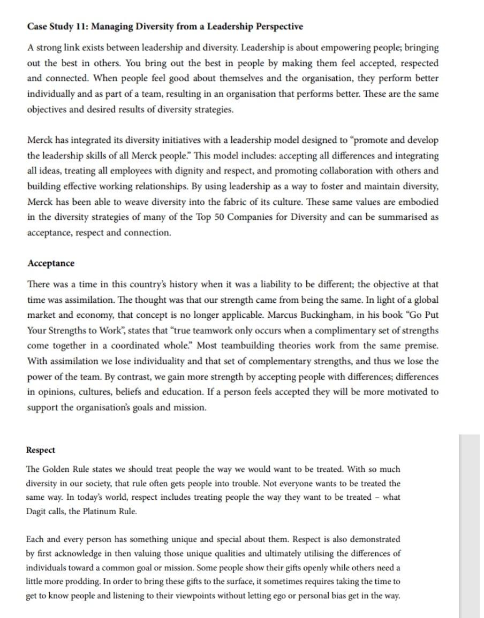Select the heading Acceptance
[x=51, y=263]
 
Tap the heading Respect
[x=40, y=450]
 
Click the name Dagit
[x=37, y=511]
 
